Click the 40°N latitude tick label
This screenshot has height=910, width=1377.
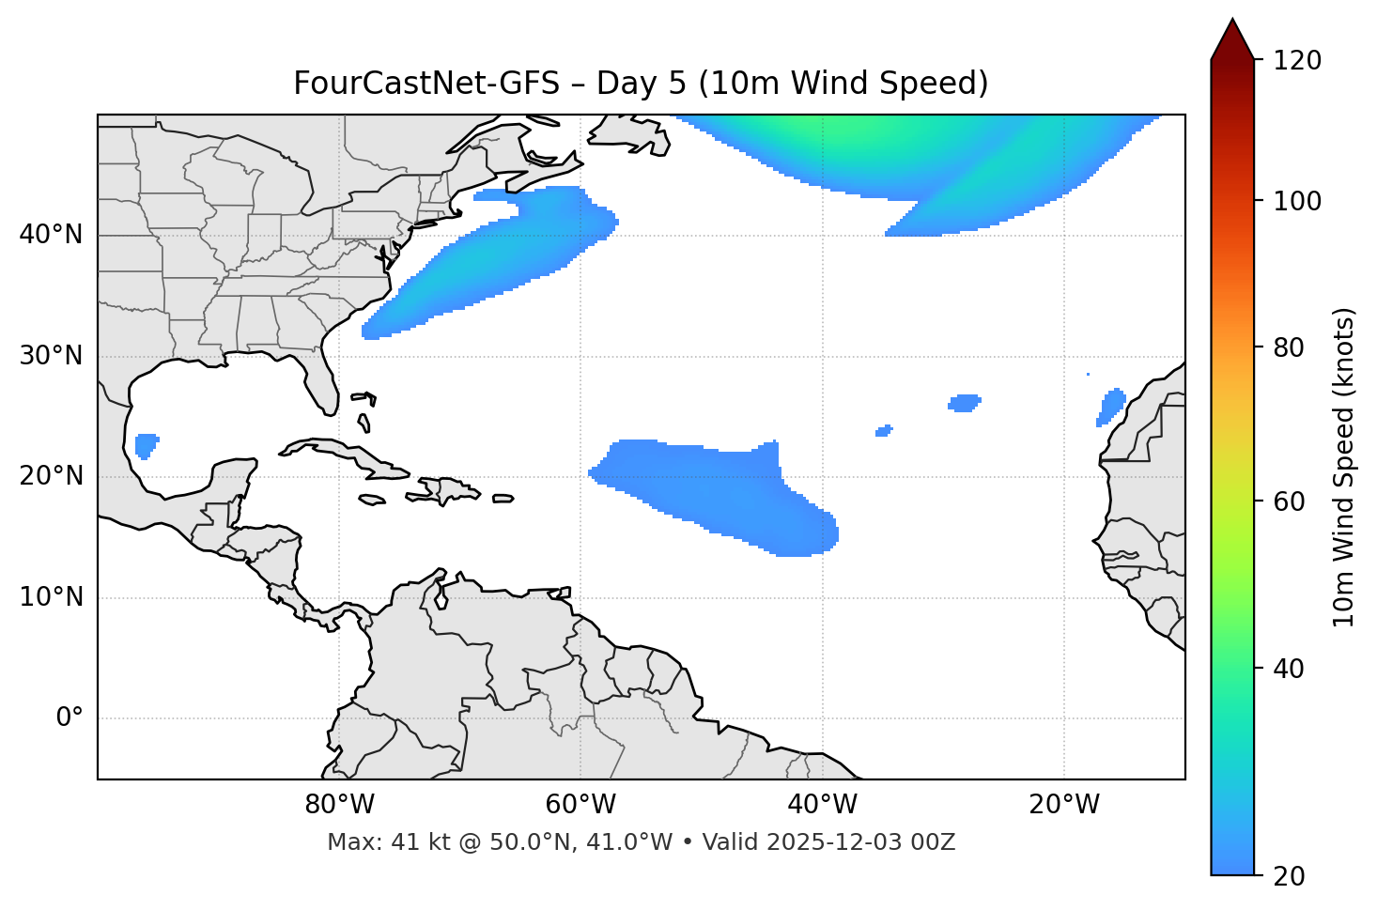point(51,235)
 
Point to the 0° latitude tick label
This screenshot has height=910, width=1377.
point(69,718)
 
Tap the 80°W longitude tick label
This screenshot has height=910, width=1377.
point(339,805)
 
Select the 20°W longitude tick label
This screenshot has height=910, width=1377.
point(1064,805)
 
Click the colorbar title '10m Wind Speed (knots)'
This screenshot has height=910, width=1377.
point(1344,467)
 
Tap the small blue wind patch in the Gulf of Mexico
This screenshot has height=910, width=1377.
point(146,444)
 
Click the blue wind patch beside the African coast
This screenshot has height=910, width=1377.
point(1111,407)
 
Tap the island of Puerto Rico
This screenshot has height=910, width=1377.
point(503,499)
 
